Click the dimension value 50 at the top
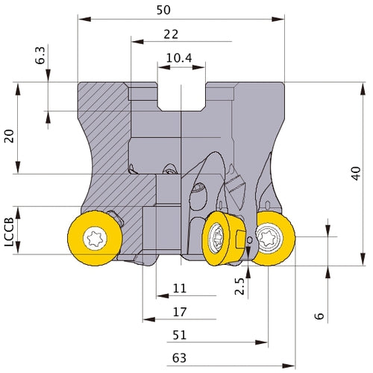tap(163, 10)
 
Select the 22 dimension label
tap(171, 34)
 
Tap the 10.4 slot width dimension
tap(179, 58)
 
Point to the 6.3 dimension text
tap(40, 55)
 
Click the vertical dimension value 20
tap(10, 136)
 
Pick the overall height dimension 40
tap(356, 173)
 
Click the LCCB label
tap(9, 232)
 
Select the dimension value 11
tap(180, 289)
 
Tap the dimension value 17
tap(180, 312)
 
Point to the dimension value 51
tap(180, 335)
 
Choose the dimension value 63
tap(179, 358)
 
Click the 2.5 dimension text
tap(239, 286)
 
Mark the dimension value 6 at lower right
tap(319, 316)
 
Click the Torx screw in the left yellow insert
tap(95, 239)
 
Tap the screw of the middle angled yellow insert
tap(216, 238)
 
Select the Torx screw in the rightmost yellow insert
tap(269, 238)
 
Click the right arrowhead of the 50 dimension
tap(278, 19)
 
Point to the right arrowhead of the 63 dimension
tap(289, 366)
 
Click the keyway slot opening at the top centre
tap(181, 96)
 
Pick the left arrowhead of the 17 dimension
tap(149, 319)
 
